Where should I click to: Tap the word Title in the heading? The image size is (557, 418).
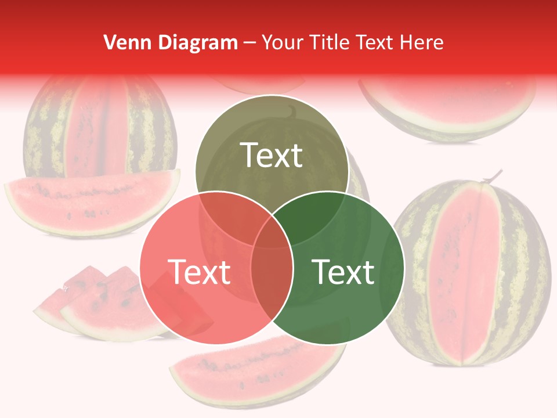[x=330, y=42]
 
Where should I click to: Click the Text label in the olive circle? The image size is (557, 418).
[x=272, y=155]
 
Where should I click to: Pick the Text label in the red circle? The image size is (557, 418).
[x=199, y=271]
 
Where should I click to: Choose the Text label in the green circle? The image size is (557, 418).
[x=343, y=271]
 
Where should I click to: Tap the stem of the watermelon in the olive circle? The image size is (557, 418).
[x=294, y=111]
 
